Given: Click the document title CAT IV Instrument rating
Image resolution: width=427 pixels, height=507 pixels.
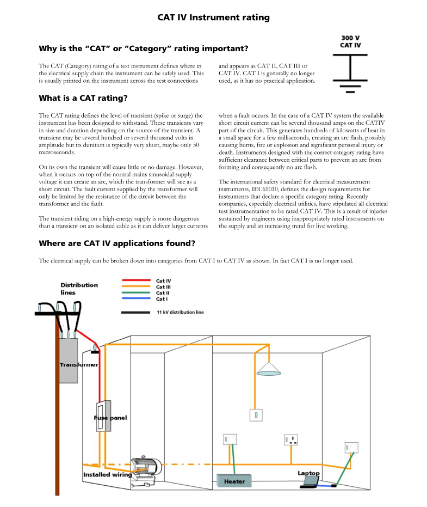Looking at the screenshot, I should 213,17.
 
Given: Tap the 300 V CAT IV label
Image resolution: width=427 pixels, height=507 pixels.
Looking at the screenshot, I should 350,42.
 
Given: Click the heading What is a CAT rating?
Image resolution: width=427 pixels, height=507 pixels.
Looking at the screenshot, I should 83,99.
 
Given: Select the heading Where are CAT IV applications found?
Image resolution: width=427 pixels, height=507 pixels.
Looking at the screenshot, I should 117,243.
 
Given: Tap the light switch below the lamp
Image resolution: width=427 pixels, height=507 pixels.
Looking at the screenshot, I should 256,415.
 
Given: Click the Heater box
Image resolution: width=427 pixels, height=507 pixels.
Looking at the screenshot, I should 234,481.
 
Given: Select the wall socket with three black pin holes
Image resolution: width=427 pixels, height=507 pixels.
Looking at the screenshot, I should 292,439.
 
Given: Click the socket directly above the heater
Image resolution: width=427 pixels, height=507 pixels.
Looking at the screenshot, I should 230,439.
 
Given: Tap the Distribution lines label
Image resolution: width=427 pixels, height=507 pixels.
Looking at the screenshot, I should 79,289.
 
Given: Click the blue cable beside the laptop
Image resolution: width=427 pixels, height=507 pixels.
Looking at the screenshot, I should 325,485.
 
